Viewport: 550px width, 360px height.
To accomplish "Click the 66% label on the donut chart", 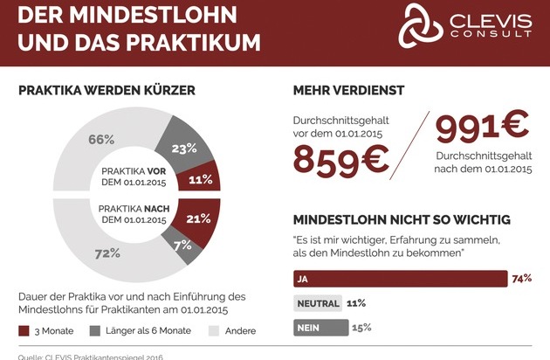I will (101, 139).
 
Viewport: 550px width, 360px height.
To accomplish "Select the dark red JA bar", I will (397, 279).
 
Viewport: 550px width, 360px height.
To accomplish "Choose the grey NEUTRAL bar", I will (316, 303).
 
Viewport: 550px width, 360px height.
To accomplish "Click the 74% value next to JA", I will (522, 279).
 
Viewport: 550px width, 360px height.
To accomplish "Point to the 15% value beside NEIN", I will (361, 328).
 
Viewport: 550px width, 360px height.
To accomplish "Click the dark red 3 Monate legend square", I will (24, 331).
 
